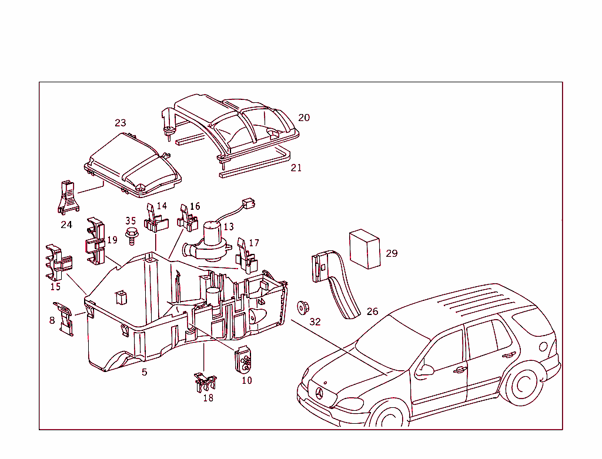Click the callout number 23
(120, 123)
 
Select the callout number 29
(392, 253)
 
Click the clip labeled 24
(68, 197)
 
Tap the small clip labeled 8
(65, 318)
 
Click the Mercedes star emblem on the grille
(320, 394)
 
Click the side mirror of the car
(424, 370)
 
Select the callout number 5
(144, 372)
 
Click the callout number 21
(296, 167)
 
